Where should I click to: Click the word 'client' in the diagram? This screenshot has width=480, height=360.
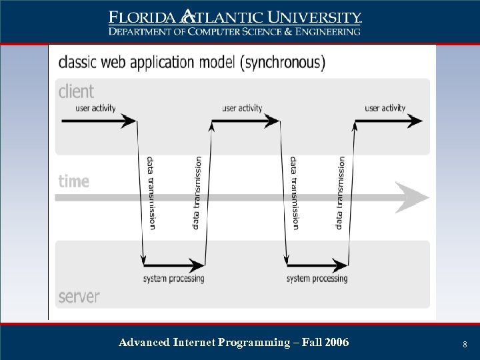tap(77, 91)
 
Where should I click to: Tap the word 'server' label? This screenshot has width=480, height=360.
tap(79, 296)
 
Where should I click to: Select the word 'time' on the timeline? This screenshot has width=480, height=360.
tap(74, 181)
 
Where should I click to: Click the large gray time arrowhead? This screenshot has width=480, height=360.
tap(413, 197)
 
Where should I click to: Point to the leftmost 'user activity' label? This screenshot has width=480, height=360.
tap(95, 108)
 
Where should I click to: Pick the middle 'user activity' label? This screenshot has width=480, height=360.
tap(242, 108)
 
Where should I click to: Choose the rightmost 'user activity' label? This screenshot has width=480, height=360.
tap(385, 108)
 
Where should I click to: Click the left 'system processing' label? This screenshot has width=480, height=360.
tap(174, 278)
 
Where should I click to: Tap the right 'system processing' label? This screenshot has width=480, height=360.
tap(317, 278)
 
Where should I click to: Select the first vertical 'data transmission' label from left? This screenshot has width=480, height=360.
tap(151, 193)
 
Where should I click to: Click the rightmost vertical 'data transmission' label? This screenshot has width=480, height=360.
tap(341, 193)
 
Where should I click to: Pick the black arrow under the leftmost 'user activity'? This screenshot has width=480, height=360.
tap(99, 121)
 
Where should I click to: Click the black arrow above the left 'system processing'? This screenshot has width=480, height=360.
tap(173, 263)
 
